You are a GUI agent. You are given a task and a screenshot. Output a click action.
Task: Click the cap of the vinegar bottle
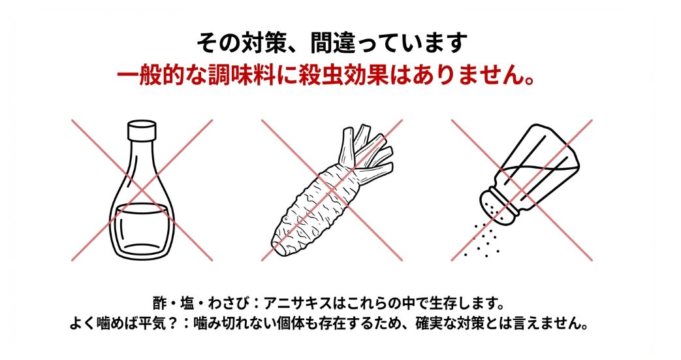pos(142,129)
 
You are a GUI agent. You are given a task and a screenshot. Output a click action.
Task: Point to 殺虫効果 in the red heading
pos(349,76)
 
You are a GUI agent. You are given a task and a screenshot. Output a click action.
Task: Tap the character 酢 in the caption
pos(160,303)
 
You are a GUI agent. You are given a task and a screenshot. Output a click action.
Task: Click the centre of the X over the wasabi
pos(332,190)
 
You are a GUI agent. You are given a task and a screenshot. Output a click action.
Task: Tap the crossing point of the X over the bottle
pos(142,190)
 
